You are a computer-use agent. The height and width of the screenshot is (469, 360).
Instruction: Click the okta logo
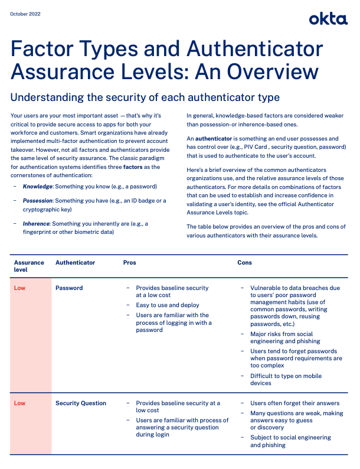(328, 19)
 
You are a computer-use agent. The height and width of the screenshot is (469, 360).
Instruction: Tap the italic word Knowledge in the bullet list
(38, 186)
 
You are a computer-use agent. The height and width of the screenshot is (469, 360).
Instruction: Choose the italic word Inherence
(37, 223)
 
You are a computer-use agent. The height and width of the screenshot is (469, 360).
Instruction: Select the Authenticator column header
(75, 262)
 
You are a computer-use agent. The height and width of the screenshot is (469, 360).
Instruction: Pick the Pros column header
(129, 262)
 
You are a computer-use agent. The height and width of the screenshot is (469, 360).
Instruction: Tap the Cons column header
(244, 262)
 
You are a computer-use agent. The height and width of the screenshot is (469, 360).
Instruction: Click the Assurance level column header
(29, 266)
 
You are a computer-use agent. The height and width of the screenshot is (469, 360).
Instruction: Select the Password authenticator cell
(69, 288)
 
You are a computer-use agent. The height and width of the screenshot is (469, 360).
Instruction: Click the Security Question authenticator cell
(81, 403)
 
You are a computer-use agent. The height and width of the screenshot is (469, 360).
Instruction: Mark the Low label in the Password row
(19, 288)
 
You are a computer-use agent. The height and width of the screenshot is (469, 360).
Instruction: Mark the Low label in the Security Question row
(19, 403)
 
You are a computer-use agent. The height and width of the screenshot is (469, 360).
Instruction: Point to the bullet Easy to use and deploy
(168, 305)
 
